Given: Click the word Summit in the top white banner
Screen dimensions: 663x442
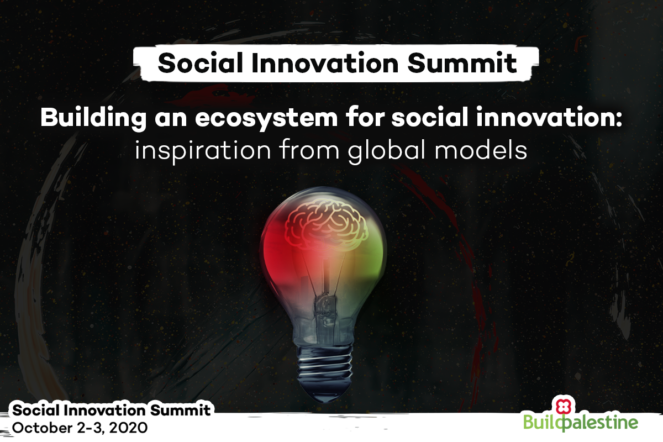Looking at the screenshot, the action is point(462,63).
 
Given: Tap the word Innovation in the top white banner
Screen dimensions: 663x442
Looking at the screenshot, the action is point(325,63).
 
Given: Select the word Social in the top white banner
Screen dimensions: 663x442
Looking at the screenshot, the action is point(201,63).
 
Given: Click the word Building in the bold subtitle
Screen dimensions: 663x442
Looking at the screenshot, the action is point(93,118).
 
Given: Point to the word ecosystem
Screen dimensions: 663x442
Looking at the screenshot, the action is point(266,119).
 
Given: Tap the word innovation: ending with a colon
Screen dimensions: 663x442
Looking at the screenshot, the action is point(549,117).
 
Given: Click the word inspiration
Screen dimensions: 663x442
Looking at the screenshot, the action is point(203,151).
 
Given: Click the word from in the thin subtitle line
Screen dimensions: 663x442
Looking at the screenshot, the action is point(309,150).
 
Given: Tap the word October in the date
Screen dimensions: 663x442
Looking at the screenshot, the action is point(42,428).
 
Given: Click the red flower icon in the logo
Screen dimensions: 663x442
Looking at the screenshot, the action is point(563,407).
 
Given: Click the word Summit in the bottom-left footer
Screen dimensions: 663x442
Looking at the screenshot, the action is point(181,411).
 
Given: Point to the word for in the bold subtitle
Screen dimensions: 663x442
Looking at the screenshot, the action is point(364,117).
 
